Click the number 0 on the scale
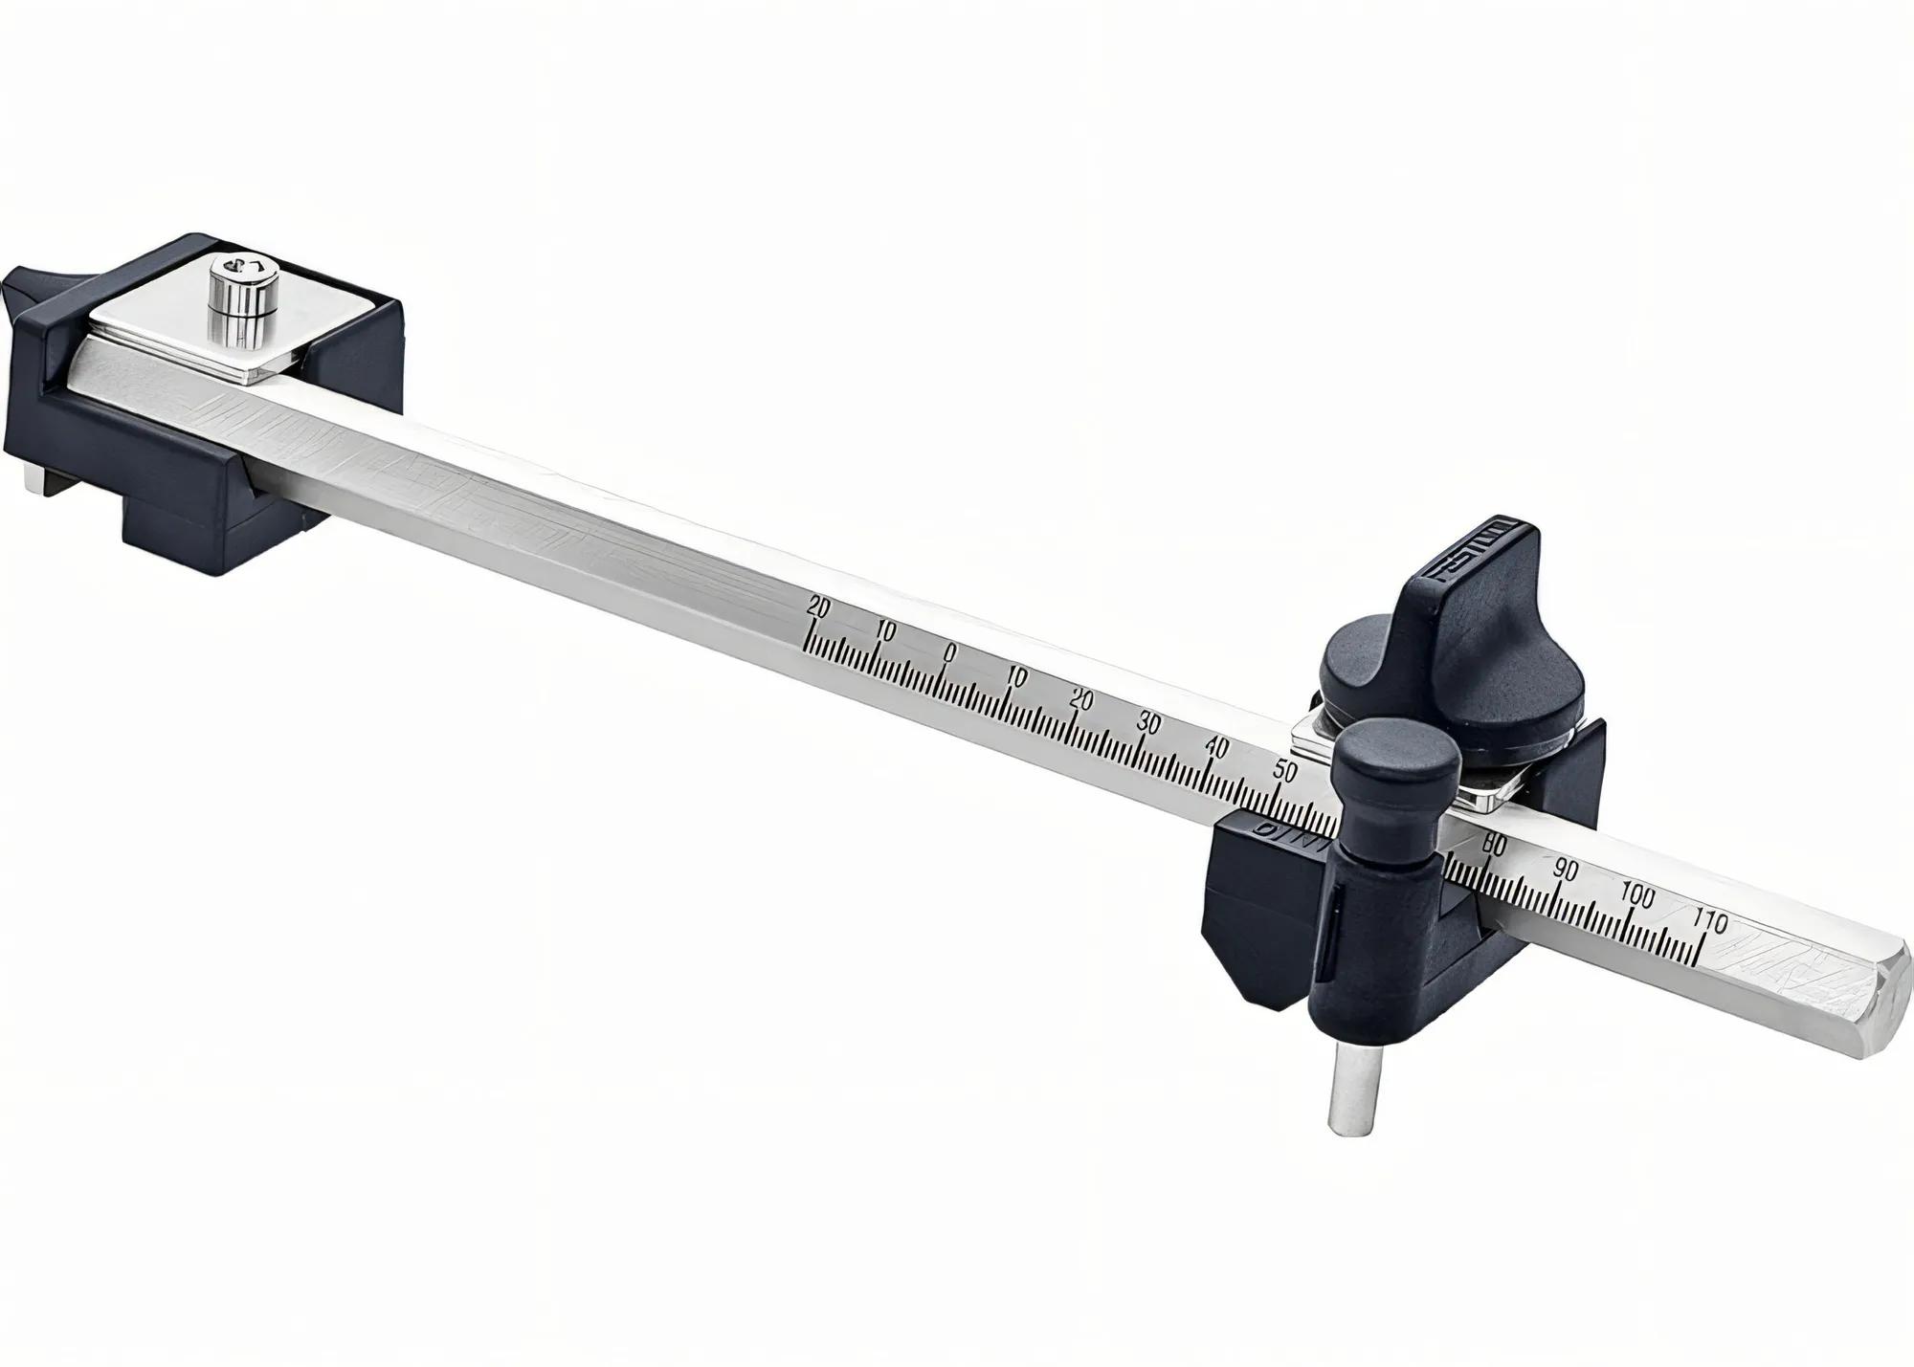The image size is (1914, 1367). tap(948, 652)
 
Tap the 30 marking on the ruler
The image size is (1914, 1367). tap(1148, 723)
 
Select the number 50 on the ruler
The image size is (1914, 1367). tap(1285, 770)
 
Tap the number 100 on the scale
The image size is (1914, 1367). tap(1637, 896)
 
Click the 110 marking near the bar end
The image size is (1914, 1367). tap(1709, 921)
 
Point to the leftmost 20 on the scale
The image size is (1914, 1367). tap(819, 606)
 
